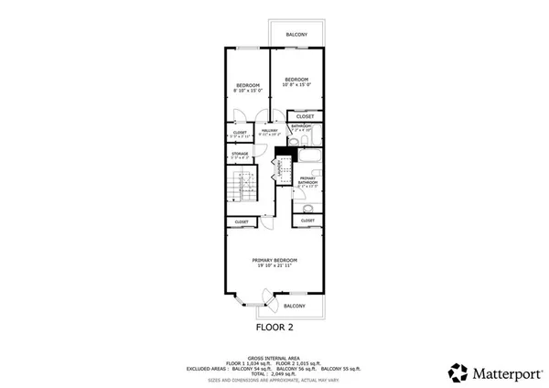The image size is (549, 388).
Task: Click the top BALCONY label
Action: (x=296, y=35)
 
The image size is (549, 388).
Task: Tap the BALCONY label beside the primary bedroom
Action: (x=294, y=306)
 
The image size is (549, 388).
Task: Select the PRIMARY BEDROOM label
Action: (x=274, y=260)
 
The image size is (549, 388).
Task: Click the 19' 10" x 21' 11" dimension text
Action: (x=274, y=266)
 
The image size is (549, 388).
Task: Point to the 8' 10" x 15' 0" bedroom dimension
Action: (x=248, y=91)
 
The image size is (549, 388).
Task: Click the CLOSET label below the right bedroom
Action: (x=305, y=116)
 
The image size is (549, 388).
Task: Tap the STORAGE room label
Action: (x=239, y=155)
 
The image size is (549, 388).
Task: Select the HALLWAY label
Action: (x=269, y=132)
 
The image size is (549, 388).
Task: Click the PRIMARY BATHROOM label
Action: (x=307, y=180)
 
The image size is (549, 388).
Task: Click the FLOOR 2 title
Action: (x=274, y=325)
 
